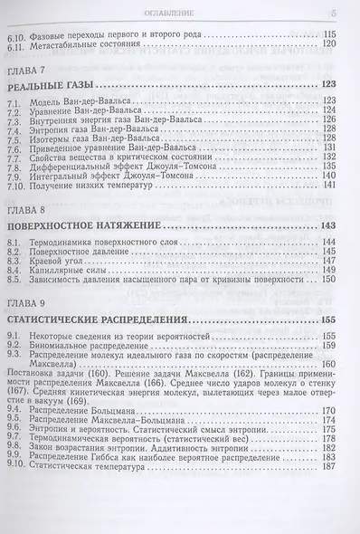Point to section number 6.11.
(x=15, y=43)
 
